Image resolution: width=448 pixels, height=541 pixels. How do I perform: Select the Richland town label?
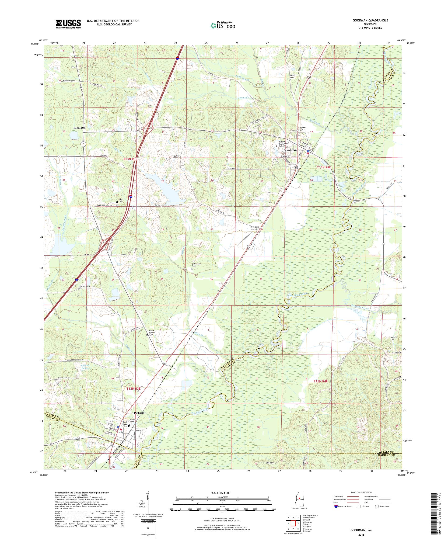pyautogui.click(x=79, y=128)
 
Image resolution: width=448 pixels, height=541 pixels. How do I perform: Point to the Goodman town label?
pyautogui.click(x=290, y=150)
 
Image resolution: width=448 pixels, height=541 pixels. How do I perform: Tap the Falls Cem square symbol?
pyautogui.click(x=116, y=202)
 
